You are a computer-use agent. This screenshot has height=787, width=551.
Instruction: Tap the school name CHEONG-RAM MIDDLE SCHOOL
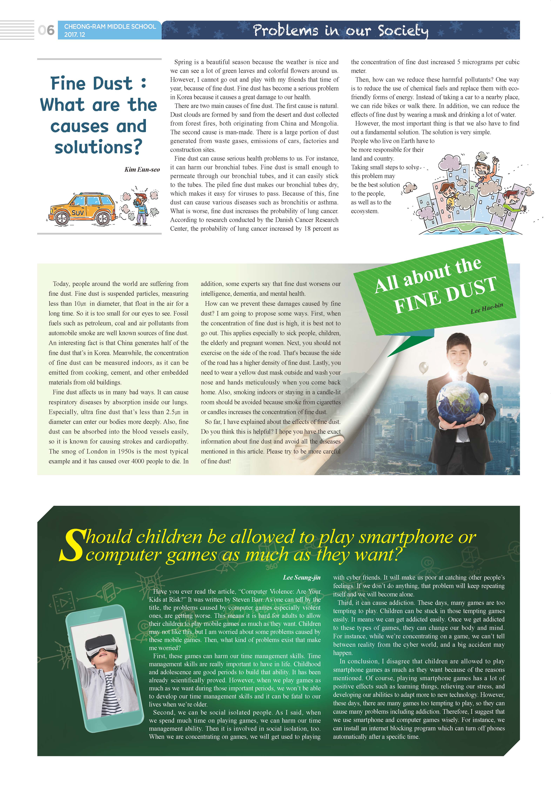tap(110, 26)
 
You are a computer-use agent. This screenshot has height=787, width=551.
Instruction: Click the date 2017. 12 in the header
tap(74, 35)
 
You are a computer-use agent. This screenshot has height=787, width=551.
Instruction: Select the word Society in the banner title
tap(403, 31)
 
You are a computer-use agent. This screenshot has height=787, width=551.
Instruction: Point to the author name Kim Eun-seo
tap(142, 169)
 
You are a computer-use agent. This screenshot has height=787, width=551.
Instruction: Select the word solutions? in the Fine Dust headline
tap(98, 147)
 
